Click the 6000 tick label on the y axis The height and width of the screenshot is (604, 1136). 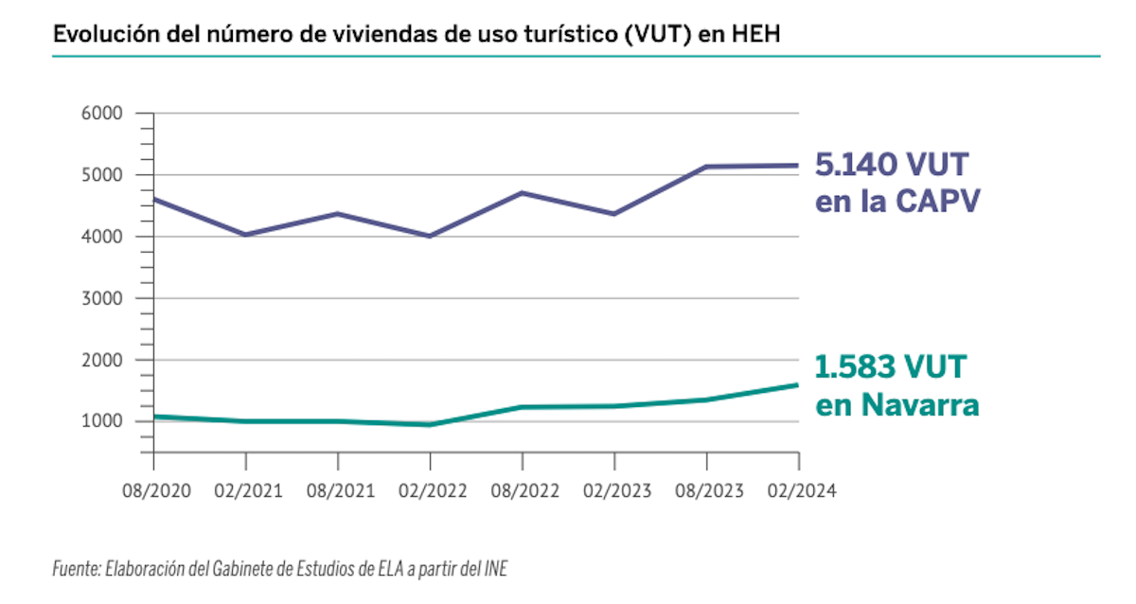point(103,114)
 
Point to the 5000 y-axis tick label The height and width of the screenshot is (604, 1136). point(103,175)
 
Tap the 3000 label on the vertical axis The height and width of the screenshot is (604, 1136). point(103,298)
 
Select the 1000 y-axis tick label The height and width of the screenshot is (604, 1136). point(103,421)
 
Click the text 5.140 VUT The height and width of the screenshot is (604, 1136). point(892,166)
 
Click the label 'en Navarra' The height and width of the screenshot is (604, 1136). point(896,405)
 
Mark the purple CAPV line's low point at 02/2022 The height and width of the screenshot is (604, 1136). point(430,236)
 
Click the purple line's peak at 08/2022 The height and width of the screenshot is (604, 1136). point(522,193)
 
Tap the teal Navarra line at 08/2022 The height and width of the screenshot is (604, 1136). point(522,407)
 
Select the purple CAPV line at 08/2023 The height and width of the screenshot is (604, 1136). point(706,167)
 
